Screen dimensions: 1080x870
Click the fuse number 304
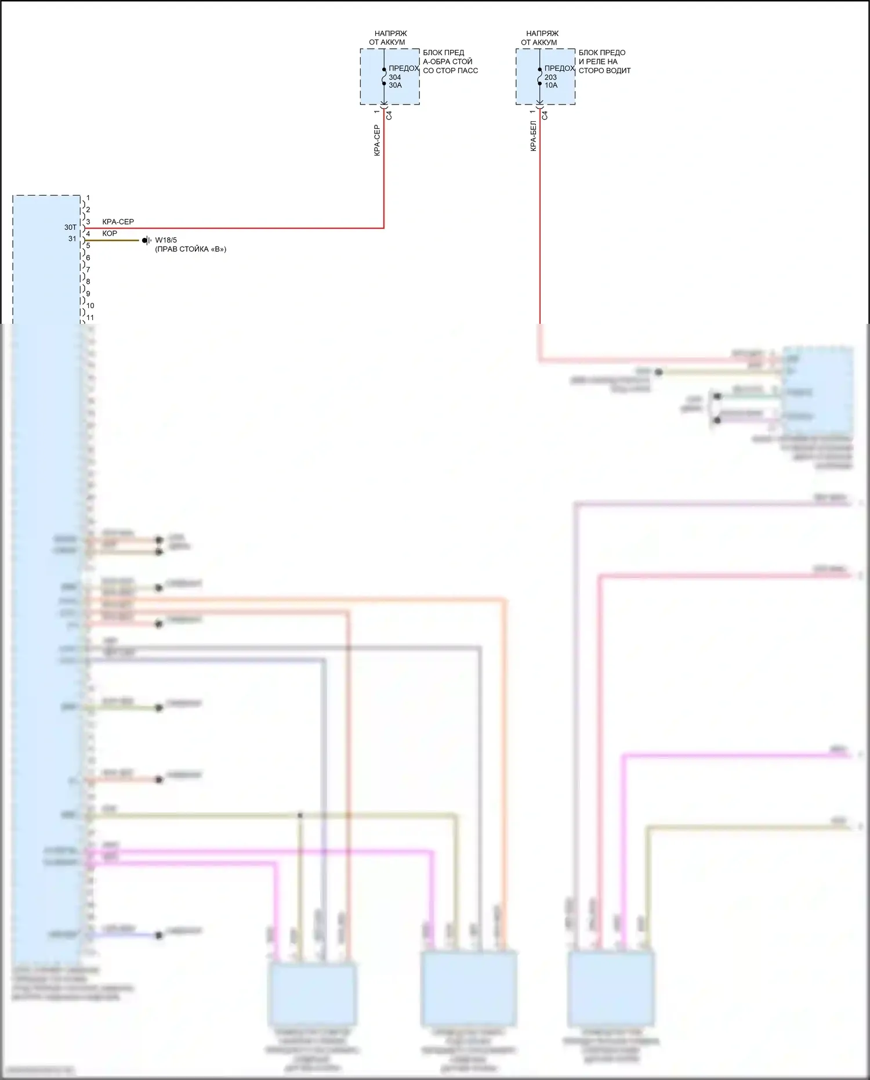394,77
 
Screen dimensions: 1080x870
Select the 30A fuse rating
395,85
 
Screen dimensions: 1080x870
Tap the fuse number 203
550,77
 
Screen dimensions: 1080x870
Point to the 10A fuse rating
550,85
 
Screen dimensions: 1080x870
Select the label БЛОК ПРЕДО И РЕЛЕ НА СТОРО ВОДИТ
604,62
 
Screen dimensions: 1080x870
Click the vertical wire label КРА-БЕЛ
534,138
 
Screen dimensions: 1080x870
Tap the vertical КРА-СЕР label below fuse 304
377,140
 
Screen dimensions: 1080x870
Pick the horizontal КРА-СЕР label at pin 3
118,222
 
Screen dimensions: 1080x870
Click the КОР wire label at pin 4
110,233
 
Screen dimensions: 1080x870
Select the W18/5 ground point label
166,240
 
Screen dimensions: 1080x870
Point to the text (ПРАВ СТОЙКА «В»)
190,250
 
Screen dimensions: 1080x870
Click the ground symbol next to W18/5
146,240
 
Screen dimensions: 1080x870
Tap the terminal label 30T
70,227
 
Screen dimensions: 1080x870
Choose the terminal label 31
72,239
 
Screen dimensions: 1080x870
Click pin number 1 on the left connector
88,198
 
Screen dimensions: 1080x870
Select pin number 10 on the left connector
90,305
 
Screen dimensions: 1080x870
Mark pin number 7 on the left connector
88,269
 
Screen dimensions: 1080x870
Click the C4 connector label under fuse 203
545,115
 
